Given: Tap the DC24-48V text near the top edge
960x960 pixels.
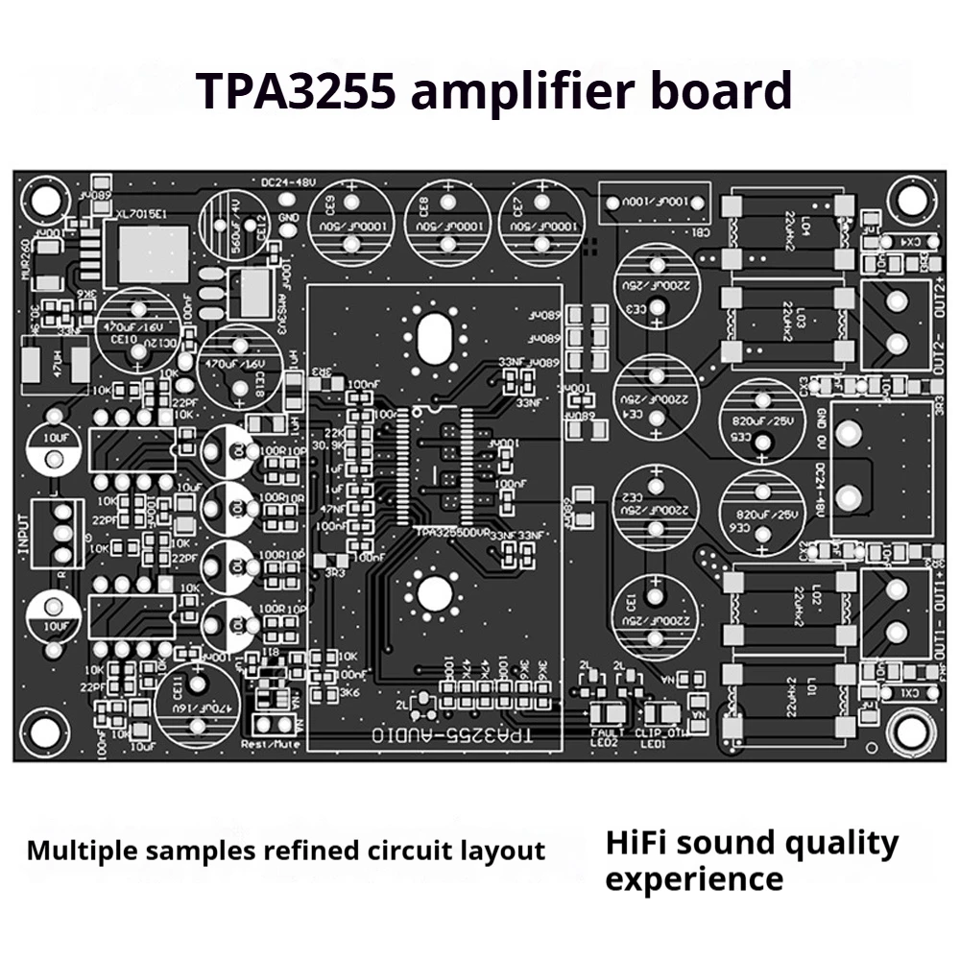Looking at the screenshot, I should tap(288, 182).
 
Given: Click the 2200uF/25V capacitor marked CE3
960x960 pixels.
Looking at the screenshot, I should tap(657, 289).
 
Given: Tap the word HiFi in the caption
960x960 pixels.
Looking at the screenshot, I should tap(639, 844).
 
